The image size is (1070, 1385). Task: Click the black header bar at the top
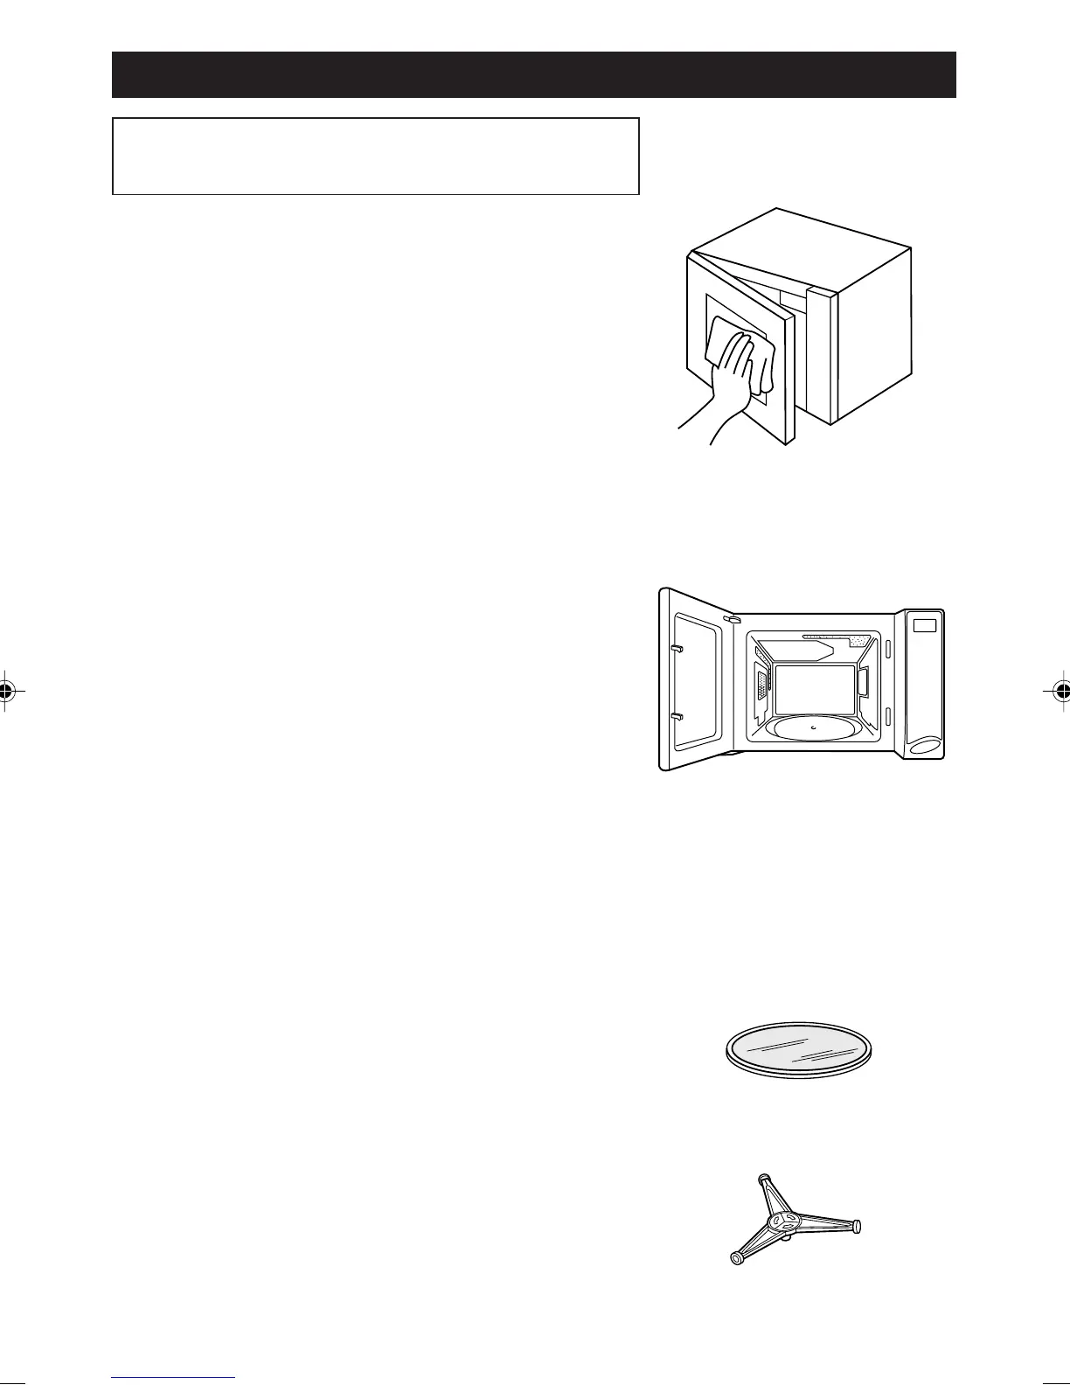533,74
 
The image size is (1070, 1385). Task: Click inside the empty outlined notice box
376,157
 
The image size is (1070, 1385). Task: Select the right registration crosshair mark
1061,690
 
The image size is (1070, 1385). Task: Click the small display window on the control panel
924,625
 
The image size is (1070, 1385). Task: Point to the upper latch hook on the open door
676,649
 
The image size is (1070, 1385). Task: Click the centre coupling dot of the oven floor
813,726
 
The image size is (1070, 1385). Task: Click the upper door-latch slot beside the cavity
888,649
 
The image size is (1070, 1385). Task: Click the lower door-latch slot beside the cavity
888,718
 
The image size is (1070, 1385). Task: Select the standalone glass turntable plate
802,1049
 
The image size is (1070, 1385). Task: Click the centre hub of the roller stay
782,1221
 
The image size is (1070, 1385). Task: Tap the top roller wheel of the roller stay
765,1179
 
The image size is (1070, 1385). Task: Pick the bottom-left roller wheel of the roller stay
736,1260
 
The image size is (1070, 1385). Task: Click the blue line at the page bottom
173,1378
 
